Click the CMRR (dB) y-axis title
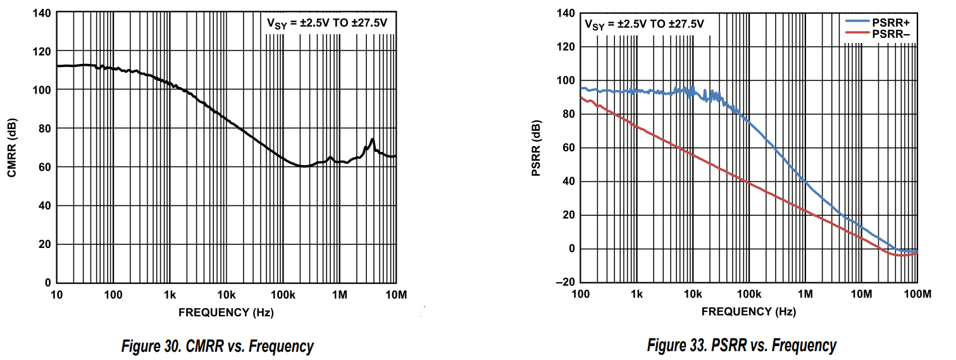[12, 147]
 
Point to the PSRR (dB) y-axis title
[537, 147]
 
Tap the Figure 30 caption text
[218, 346]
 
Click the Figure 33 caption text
[742, 345]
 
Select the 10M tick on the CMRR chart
[395, 295]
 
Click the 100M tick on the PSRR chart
[917, 294]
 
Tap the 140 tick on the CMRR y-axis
[43, 13]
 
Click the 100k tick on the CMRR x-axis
[283, 295]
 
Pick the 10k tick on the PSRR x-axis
[693, 294]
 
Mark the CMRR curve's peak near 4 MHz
[373, 139]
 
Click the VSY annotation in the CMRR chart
[326, 24]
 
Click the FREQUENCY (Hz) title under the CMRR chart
[226, 312]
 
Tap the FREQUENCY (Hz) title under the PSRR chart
[748, 311]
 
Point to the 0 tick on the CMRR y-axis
[47, 283]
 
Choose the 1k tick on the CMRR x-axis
[170, 295]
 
